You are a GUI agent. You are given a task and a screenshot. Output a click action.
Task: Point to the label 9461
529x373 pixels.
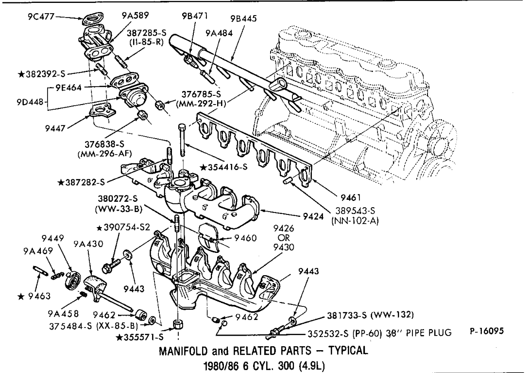click(350, 197)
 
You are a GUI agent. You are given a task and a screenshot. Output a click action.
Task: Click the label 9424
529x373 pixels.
click(313, 216)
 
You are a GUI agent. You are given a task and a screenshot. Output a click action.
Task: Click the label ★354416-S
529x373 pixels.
click(224, 167)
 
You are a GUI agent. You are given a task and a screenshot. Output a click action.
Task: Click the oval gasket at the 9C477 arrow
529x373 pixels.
click(91, 20)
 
